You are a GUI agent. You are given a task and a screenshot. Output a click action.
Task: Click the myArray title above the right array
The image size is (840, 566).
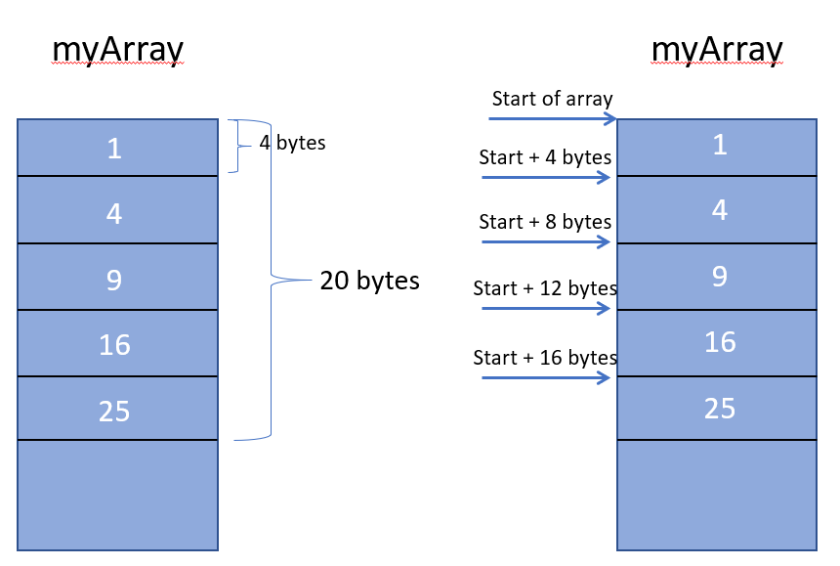716,50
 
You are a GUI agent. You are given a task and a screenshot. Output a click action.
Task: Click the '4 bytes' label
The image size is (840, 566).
292,143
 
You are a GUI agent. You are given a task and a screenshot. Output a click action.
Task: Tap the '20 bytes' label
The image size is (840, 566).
369,282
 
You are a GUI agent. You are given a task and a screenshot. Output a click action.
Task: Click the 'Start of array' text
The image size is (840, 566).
552,99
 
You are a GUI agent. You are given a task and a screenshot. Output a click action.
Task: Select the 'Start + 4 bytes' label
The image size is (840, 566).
545,157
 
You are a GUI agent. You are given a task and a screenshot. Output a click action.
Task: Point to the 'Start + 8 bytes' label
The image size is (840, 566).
545,222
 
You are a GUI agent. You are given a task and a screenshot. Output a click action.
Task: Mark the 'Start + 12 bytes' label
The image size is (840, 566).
545,288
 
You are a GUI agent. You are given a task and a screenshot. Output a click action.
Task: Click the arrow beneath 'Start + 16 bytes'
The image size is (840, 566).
547,375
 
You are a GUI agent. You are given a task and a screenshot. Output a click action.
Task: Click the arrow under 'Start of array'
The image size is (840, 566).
552,119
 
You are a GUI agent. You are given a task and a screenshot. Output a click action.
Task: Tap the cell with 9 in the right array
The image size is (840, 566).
718,277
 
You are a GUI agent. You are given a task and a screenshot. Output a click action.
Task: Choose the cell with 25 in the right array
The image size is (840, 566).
718,409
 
